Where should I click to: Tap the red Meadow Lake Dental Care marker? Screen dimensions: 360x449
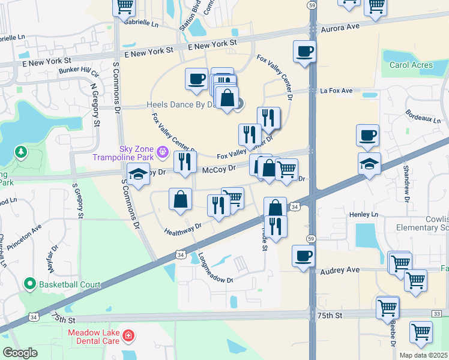(127, 335)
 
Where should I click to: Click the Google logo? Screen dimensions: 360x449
(20, 353)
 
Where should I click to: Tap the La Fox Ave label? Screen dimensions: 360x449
(336, 91)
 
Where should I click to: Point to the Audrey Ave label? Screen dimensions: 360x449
(340, 271)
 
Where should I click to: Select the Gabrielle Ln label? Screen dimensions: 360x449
(142, 23)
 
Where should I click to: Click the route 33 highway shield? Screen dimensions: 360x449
(436, 314)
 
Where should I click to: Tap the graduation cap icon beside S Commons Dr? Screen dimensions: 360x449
(138, 175)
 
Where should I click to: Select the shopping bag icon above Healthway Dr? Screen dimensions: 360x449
(180, 199)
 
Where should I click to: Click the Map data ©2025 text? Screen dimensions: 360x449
(423, 355)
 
